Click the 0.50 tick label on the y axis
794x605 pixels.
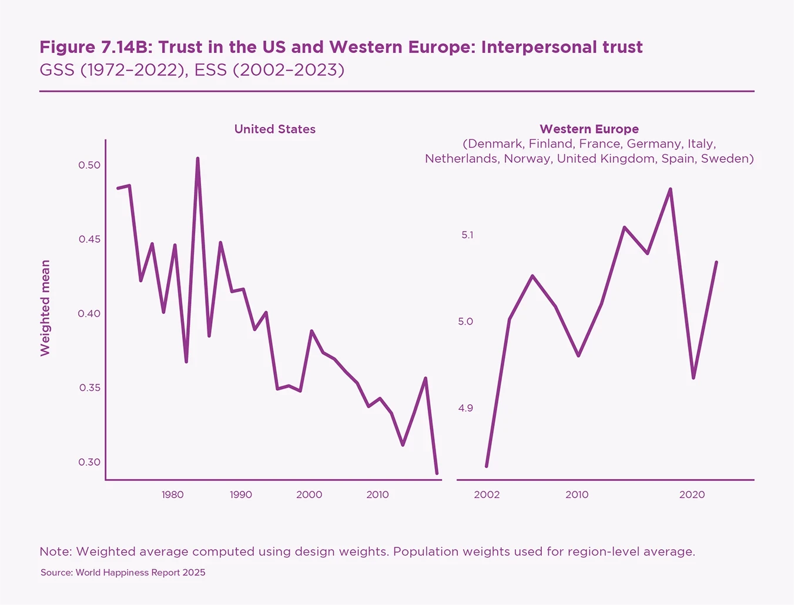tap(89, 165)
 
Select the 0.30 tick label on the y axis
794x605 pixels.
tap(89, 462)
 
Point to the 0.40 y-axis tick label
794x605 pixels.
tap(89, 313)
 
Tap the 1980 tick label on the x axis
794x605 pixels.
tap(173, 494)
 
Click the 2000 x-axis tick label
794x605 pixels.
tap(309, 494)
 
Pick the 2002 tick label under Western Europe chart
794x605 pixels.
tap(487, 494)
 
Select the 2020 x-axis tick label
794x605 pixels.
tap(692, 494)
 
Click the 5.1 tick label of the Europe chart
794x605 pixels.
tap(467, 235)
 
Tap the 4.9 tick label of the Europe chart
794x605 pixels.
tap(465, 408)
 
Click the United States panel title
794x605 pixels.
tap(274, 129)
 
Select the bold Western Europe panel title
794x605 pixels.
tap(589, 129)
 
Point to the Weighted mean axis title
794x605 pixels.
tap(45, 308)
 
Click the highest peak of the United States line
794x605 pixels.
tap(197, 159)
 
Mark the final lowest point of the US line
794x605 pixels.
tap(437, 473)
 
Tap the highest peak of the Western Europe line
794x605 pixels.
tap(670, 189)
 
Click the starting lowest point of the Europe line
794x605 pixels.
tap(487, 466)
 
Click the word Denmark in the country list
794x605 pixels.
tap(494, 144)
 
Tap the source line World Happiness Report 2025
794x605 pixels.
tap(140, 573)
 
